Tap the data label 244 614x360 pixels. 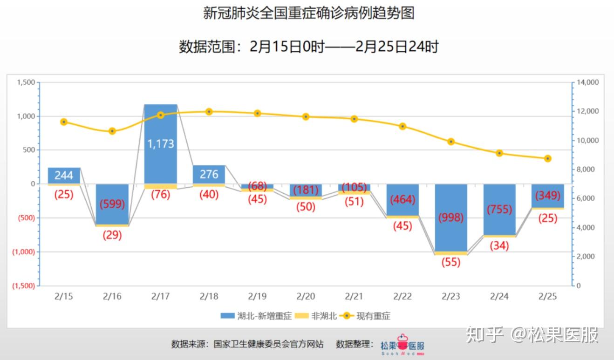(64, 176)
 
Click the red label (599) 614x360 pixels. (112, 204)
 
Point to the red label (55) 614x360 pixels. (450, 262)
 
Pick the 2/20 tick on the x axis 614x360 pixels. (306, 296)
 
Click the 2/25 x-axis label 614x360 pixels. (547, 296)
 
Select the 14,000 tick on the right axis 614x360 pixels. (587, 82)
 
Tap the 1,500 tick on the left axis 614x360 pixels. (26, 82)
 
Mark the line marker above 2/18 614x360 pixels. (209, 112)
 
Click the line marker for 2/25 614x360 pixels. (547, 158)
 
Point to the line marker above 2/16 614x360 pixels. (112, 131)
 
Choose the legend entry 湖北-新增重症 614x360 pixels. (256, 316)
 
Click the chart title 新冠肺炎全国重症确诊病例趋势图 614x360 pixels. (308, 13)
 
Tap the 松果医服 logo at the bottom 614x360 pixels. (403, 345)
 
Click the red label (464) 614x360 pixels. (402, 200)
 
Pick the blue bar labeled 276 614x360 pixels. (209, 175)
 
